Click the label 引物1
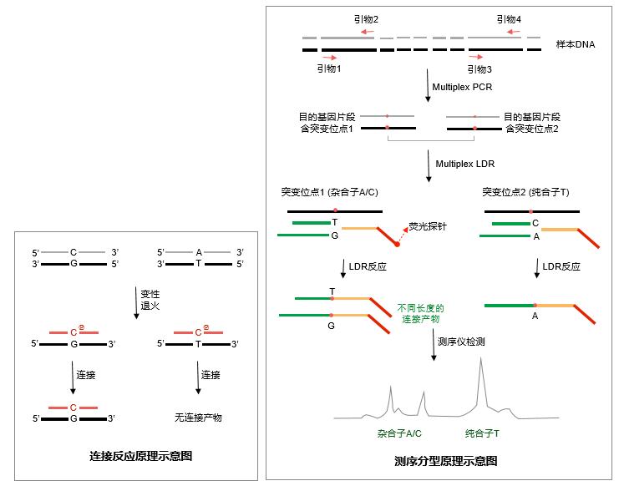coord(329,68)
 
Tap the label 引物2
coord(365,19)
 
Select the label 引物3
coord(479,69)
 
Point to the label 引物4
coord(508,19)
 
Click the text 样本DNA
coord(576,43)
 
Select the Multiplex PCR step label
coord(461,87)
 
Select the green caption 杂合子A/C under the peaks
coord(399,433)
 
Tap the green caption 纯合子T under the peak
coord(483,433)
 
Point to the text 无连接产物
coord(198,417)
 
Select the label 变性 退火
coord(150,300)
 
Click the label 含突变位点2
coord(530,129)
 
